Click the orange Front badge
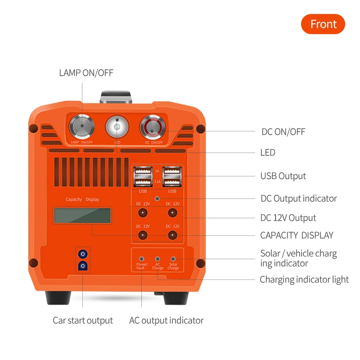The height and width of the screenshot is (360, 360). click(323, 24)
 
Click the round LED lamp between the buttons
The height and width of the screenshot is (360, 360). click(117, 127)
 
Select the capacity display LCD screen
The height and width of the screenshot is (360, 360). click(82, 216)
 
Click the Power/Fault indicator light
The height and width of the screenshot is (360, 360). click(142, 259)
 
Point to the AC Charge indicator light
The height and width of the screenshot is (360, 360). click(157, 259)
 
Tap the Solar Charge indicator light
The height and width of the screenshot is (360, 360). click(173, 259)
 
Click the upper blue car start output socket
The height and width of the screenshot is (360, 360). click(82, 253)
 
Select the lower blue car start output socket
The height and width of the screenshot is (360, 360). click(82, 266)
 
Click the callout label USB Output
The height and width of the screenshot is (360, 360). click(283, 176)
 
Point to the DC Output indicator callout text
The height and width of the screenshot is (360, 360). click(299, 198)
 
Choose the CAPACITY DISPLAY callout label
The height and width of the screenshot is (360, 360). click(297, 235)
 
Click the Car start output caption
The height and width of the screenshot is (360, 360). click(83, 320)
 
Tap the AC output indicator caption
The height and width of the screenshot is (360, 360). click(166, 320)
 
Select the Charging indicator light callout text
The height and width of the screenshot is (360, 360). click(304, 279)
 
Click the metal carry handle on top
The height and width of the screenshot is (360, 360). click(117, 97)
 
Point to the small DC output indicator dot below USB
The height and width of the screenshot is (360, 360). click(157, 198)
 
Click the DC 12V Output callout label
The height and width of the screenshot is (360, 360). click(288, 218)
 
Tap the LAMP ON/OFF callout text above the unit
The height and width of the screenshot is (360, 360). click(86, 73)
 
